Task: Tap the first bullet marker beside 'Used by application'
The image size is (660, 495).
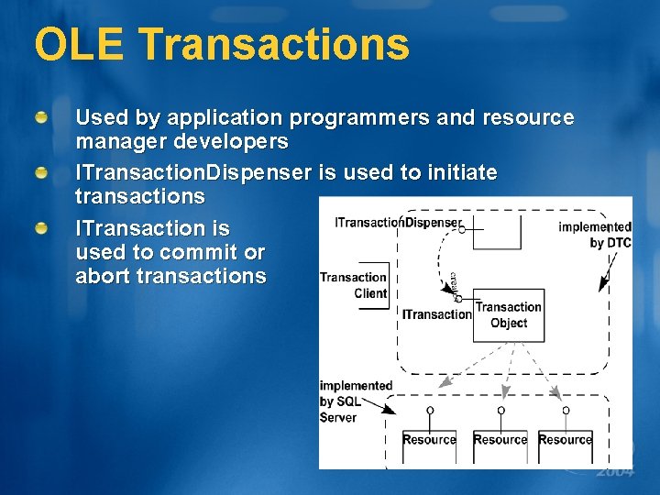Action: (x=42, y=119)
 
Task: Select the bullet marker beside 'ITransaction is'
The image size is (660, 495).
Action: (x=42, y=227)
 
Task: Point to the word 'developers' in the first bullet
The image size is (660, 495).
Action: (x=233, y=142)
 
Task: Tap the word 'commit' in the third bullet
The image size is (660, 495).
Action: (x=196, y=252)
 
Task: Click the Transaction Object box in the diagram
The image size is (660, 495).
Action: (x=509, y=315)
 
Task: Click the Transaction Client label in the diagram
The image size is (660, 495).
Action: (x=354, y=285)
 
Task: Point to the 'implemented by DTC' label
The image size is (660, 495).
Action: (x=596, y=235)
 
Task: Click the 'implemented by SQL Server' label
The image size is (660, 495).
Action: (x=355, y=401)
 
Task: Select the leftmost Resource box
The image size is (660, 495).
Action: (x=429, y=440)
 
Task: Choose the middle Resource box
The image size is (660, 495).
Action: (x=500, y=440)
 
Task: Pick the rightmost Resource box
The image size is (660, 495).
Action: (x=565, y=440)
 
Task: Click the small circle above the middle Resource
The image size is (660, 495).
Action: (x=500, y=410)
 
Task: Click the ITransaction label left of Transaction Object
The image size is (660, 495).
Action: (x=436, y=314)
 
